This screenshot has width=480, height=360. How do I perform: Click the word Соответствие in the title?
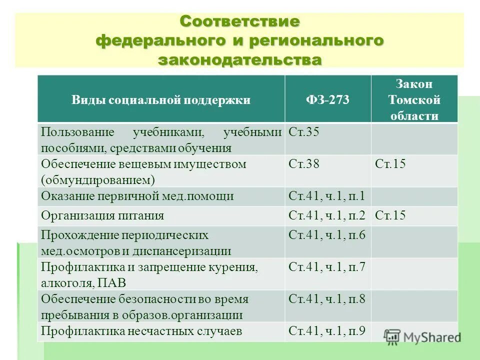coord(239,22)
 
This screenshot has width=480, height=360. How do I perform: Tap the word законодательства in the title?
coord(239,59)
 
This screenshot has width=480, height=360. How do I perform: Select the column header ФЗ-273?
coord(327,100)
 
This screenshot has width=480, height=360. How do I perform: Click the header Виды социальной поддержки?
coord(160,100)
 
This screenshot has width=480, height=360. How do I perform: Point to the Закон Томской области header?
coord(414,100)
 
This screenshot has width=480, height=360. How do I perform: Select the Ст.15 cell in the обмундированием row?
coord(390,164)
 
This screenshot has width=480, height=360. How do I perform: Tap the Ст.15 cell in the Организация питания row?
coord(390,215)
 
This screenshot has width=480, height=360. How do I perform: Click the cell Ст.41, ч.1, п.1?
coord(326,196)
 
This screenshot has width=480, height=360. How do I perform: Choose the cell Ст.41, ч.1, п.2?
coord(326,215)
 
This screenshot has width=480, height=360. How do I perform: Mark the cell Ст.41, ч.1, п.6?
coord(326,235)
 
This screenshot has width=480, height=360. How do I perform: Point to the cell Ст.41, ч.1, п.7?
coord(326,267)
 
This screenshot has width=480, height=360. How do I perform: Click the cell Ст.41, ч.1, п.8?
coord(326,299)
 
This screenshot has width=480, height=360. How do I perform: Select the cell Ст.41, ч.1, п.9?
coord(326,330)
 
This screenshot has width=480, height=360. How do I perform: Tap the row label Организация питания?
coord(102,215)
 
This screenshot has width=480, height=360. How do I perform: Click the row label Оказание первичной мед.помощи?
coord(137,196)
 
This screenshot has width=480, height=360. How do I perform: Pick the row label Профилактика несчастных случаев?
coord(141,330)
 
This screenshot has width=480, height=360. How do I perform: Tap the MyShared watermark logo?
coord(422,337)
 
